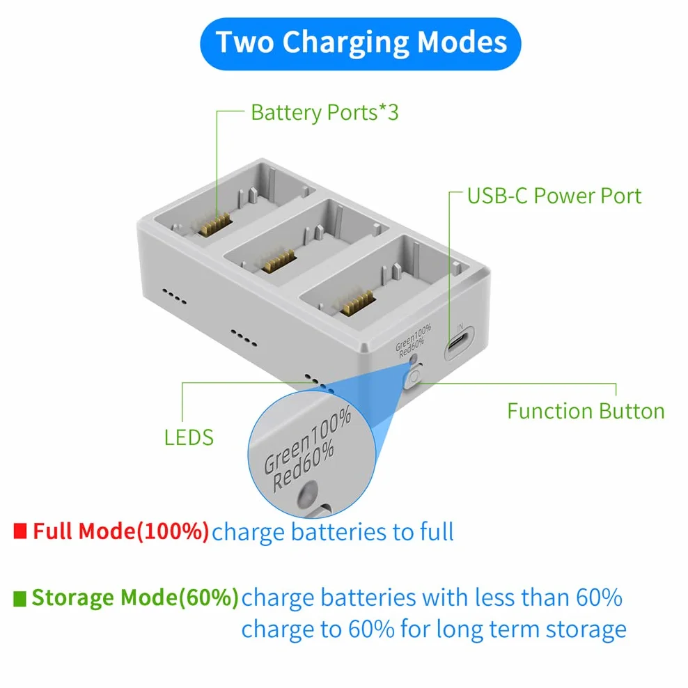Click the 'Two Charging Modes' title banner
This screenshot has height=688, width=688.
click(360, 44)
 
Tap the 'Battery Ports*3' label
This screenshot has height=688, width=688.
click(325, 113)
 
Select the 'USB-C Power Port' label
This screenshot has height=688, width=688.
click(554, 196)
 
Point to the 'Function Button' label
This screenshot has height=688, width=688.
click(586, 412)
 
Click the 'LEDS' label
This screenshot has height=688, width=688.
click(189, 438)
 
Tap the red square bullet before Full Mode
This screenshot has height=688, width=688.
click(20, 531)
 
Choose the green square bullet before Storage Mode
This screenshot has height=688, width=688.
click(19, 598)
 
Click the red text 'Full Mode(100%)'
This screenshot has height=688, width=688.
click(120, 531)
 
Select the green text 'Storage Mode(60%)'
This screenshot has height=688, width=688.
click(135, 597)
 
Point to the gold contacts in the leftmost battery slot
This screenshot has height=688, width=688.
click(214, 225)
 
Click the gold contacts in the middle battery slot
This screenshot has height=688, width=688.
click(279, 260)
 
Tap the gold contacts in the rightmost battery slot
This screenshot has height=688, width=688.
click(358, 302)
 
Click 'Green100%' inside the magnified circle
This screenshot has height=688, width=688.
click(307, 440)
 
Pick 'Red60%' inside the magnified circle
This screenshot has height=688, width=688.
click(304, 466)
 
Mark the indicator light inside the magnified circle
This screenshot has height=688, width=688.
click(308, 493)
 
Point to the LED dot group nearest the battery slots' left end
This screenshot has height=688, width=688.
click(174, 296)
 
